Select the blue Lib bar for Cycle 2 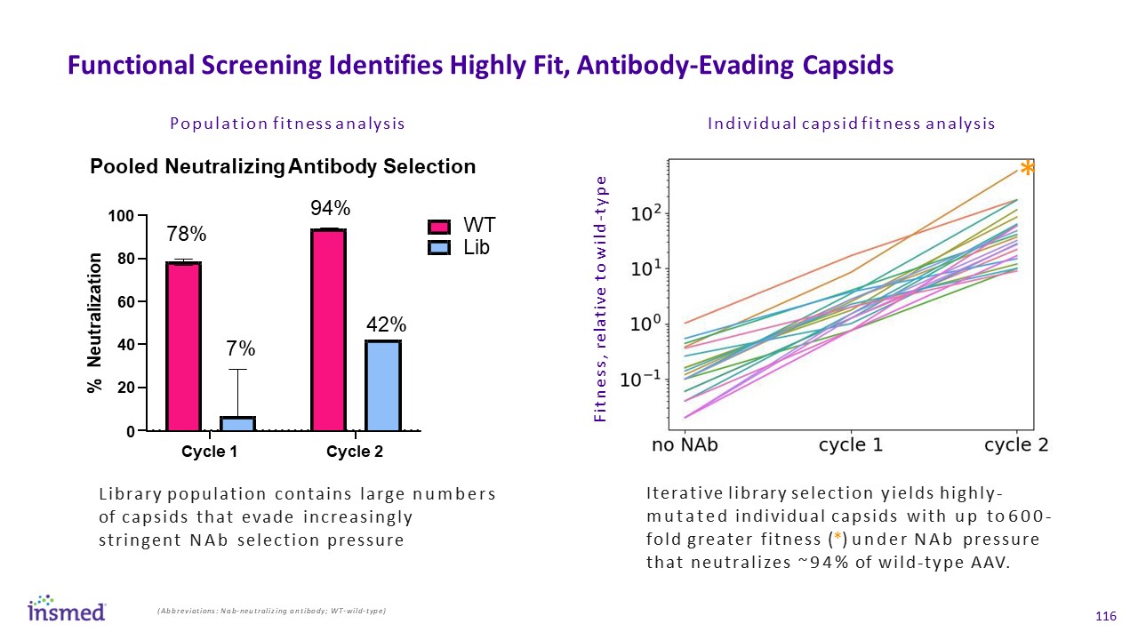pyautogui.click(x=383, y=386)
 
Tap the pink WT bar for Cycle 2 pyautogui.click(x=328, y=330)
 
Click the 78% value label pyautogui.click(x=187, y=235)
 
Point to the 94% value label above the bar pyautogui.click(x=330, y=208)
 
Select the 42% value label pyautogui.click(x=386, y=324)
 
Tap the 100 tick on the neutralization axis pyautogui.click(x=120, y=216)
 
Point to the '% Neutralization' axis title pyautogui.click(x=97, y=323)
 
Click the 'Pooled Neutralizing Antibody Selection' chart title pyautogui.click(x=283, y=167)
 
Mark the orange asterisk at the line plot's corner pyautogui.click(x=1027, y=169)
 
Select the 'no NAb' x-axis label pyautogui.click(x=685, y=445)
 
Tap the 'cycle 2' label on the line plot pyautogui.click(x=1015, y=445)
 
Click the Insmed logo pyautogui.click(x=67, y=608)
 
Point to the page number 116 pyautogui.click(x=1106, y=617)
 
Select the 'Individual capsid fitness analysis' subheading pyautogui.click(x=851, y=124)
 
